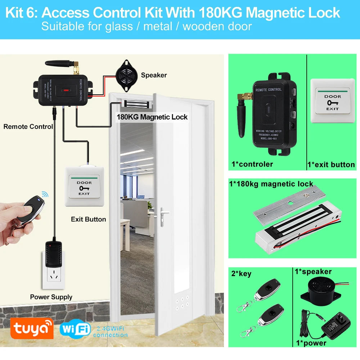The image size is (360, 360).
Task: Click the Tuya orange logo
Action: coord(32,328)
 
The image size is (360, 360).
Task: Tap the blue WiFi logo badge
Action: coord(75,328)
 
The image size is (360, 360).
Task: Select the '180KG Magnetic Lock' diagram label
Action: coord(152,117)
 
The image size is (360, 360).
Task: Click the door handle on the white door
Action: coord(164,213)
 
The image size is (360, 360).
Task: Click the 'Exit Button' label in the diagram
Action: coord(88,219)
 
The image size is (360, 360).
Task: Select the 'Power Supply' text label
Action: coord(51,297)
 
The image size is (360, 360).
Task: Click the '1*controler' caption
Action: coord(252,165)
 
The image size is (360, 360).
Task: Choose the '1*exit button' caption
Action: coord(331,165)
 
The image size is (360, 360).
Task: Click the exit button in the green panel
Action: coord(332,96)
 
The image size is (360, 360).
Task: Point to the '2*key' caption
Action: coord(241,274)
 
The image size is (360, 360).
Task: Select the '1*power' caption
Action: coord(311,343)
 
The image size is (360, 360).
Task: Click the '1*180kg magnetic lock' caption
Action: coord(271,184)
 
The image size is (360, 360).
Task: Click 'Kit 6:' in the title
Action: coord(22,13)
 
